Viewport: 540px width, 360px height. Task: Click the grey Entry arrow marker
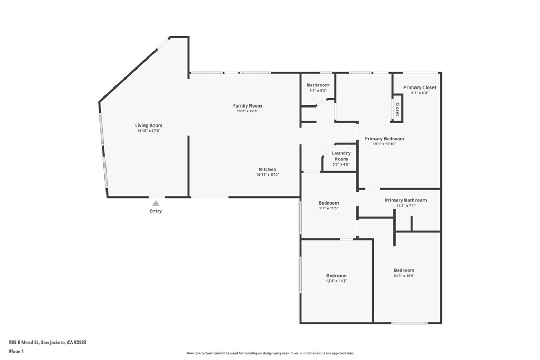click(x=156, y=203)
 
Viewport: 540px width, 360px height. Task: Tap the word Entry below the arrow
click(x=156, y=211)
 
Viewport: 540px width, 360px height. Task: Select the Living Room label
click(x=148, y=125)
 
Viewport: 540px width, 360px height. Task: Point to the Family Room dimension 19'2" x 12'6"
click(x=247, y=111)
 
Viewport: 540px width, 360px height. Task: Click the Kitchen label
click(x=267, y=169)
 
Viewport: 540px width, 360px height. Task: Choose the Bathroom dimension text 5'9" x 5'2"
click(x=318, y=91)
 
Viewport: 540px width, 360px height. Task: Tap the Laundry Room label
click(x=341, y=156)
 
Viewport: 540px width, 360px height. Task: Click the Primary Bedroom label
click(x=384, y=139)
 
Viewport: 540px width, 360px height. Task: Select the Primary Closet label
click(x=420, y=87)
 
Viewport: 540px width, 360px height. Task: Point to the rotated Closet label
click(x=397, y=109)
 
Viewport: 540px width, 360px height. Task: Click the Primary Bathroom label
click(x=406, y=200)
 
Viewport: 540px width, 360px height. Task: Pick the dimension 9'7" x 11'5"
click(x=329, y=208)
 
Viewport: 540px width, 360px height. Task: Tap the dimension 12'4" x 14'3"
click(x=336, y=281)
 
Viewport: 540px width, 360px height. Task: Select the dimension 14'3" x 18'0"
click(x=404, y=276)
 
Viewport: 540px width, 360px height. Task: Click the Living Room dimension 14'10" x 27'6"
click(x=149, y=131)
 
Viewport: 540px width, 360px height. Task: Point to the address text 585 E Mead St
click(x=24, y=343)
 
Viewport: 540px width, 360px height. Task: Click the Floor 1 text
click(x=16, y=352)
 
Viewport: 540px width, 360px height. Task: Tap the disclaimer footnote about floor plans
click(x=270, y=353)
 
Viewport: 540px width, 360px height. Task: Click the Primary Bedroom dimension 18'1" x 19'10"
click(x=384, y=144)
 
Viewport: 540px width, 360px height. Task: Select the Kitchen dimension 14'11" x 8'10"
click(x=267, y=175)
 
